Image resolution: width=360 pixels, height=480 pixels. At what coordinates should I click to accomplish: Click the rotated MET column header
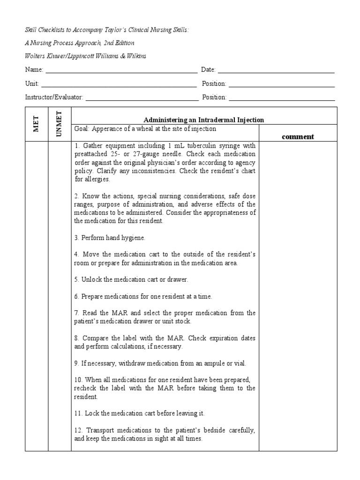tap(37, 124)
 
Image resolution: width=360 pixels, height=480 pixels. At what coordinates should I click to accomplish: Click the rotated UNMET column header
tap(60, 124)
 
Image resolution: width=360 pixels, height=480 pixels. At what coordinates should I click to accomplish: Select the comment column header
tap(298, 137)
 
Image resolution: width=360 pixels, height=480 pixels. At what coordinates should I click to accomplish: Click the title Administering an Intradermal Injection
tap(203, 120)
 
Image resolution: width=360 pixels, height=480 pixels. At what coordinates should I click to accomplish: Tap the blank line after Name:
tap(121, 70)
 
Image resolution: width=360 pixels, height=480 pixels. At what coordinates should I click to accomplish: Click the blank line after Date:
tap(276, 70)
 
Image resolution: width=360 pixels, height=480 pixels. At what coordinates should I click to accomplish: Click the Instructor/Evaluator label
tap(54, 97)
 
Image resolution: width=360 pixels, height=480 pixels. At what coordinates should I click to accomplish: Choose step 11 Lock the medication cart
tap(139, 413)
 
